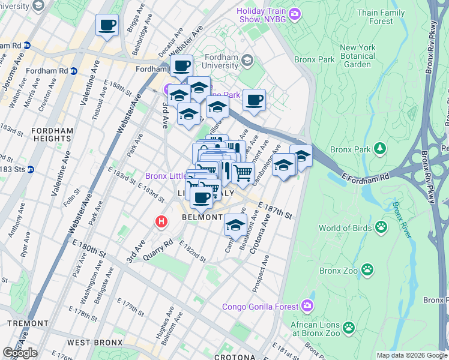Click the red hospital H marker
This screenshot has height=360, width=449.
click(161, 221)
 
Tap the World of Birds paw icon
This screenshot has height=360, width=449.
click(381, 227)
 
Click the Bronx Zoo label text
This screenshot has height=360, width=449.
click(338, 271)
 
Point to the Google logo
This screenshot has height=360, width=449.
click(20, 353)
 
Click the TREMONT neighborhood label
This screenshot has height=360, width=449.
click(28, 323)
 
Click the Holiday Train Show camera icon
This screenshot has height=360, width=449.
click(295, 13)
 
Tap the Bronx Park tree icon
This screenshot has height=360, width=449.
click(379, 148)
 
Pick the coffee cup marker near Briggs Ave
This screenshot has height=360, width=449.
click(107, 25)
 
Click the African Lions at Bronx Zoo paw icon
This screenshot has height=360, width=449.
click(348, 328)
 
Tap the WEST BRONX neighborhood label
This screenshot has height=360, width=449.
click(94, 343)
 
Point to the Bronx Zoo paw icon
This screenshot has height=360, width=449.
click(367, 271)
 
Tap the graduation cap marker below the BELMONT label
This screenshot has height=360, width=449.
click(235, 226)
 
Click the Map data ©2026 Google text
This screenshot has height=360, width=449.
click(411, 355)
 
